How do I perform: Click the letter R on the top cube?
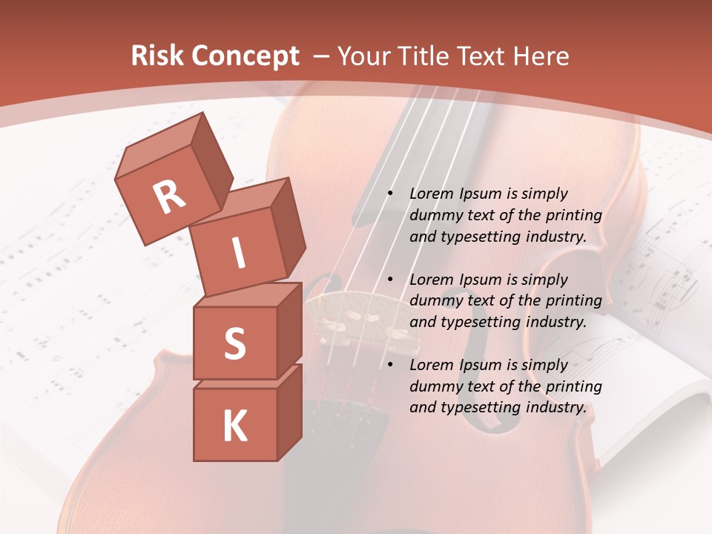(x=169, y=197)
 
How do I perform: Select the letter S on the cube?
(x=234, y=343)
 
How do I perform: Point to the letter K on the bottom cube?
(x=234, y=426)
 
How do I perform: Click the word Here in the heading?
(x=540, y=56)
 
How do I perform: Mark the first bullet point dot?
(x=389, y=194)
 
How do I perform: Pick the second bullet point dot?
(x=389, y=280)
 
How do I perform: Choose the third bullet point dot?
(x=389, y=365)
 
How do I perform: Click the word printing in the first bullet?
(x=574, y=215)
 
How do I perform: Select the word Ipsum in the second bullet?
(x=481, y=280)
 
